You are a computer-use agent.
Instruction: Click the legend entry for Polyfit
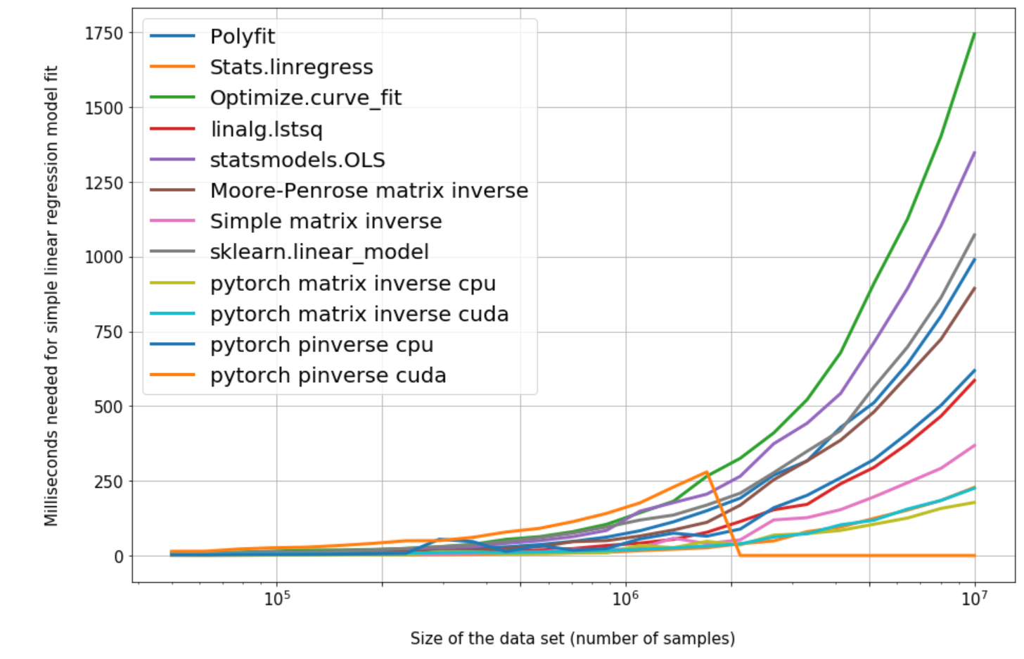pos(242,37)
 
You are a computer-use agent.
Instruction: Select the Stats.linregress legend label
pos(291,68)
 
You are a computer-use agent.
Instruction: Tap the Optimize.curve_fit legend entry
pos(305,98)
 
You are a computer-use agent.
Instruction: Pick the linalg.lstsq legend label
pos(266,129)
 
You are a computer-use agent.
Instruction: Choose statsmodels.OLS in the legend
pos(297,160)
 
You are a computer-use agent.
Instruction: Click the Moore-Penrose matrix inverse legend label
pos(369,191)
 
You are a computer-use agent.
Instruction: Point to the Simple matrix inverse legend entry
pos(326,222)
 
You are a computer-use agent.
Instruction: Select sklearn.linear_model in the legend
pos(319,252)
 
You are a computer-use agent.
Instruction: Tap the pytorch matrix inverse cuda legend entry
pos(359,314)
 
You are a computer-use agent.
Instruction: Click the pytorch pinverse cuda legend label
pos(328,376)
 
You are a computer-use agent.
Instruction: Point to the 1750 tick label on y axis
pos(104,33)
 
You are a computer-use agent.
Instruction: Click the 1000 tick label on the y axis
pos(104,258)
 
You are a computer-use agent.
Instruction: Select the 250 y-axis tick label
pos(108,482)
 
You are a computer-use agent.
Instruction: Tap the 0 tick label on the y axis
pos(118,556)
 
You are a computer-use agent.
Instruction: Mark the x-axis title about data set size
pos(572,639)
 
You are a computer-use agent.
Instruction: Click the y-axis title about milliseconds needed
pos(51,296)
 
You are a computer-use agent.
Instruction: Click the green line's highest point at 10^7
pos(974,33)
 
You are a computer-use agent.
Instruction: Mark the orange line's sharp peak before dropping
pos(707,472)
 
